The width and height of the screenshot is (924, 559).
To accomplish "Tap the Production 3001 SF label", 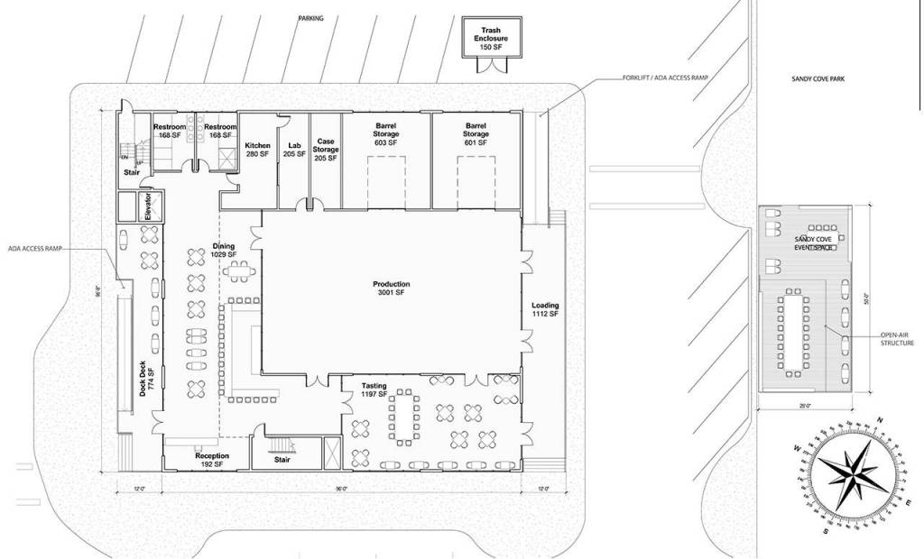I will [391, 289].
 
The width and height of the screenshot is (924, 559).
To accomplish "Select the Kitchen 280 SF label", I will [257, 150].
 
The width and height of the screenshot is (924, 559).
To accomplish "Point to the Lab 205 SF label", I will [293, 150].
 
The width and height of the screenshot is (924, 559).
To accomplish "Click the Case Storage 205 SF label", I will [326, 150].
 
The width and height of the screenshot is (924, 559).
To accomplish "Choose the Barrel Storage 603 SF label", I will [386, 134].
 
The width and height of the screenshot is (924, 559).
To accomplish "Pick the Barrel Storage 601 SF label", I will [476, 134].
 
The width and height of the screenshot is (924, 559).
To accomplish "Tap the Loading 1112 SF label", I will [545, 309].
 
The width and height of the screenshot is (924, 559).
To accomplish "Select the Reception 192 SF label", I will [212, 460].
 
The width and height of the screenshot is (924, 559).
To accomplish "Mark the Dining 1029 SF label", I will [223, 251].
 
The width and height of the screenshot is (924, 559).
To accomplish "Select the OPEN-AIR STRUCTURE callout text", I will [897, 339].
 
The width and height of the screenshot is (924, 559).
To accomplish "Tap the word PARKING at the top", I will [310, 18].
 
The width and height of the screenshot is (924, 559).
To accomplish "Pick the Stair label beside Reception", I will [282, 459].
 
